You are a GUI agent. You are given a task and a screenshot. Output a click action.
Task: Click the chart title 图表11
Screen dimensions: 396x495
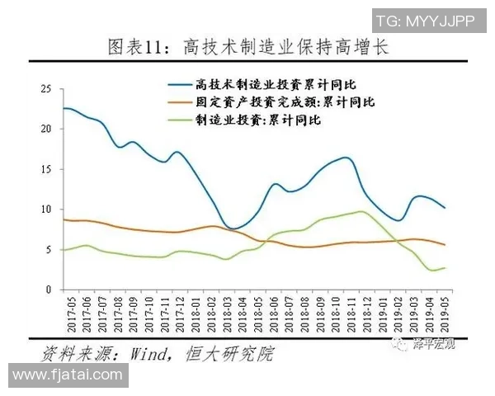tap(247, 48)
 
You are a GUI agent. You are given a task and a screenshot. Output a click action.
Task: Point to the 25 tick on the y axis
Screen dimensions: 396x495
tap(46, 89)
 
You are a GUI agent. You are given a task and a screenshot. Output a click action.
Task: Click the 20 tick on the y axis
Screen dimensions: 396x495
tap(46, 130)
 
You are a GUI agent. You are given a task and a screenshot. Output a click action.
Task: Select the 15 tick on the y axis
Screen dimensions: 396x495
tap(46, 169)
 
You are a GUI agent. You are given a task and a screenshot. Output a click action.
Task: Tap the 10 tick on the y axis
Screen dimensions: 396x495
tap(46, 210)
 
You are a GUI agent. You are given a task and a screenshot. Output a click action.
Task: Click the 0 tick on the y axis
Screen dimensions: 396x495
tap(49, 290)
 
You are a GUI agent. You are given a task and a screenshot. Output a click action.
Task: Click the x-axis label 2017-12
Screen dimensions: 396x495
tap(177, 314)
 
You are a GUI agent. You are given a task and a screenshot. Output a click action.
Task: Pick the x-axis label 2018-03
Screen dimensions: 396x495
tap(224, 314)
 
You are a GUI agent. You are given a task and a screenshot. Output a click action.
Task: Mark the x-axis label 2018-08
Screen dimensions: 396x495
tap(303, 314)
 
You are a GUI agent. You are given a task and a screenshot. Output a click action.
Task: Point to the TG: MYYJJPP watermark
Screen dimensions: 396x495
tap(424, 20)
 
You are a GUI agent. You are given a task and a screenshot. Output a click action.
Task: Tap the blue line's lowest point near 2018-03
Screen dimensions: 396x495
tap(233, 229)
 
